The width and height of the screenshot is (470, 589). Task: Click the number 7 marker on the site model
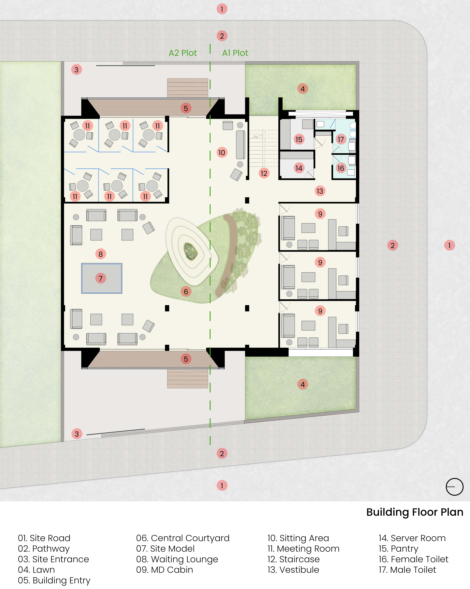[x=101, y=278]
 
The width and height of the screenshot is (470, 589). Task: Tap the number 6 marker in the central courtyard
[x=186, y=292]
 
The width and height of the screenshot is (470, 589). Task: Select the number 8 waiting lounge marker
[x=101, y=254]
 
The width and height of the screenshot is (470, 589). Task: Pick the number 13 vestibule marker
[x=320, y=191]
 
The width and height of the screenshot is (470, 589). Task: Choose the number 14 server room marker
[x=299, y=168]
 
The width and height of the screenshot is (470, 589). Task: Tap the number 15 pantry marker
[x=299, y=139]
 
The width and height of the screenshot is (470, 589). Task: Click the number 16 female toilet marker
[x=341, y=168]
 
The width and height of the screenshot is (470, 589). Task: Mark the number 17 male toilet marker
[x=341, y=139]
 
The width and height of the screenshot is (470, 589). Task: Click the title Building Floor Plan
[x=415, y=512]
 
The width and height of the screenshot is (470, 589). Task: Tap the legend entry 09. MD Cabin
[x=164, y=570]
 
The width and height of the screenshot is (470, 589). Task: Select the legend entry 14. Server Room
[x=412, y=538]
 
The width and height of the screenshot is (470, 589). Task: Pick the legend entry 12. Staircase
[x=294, y=559]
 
